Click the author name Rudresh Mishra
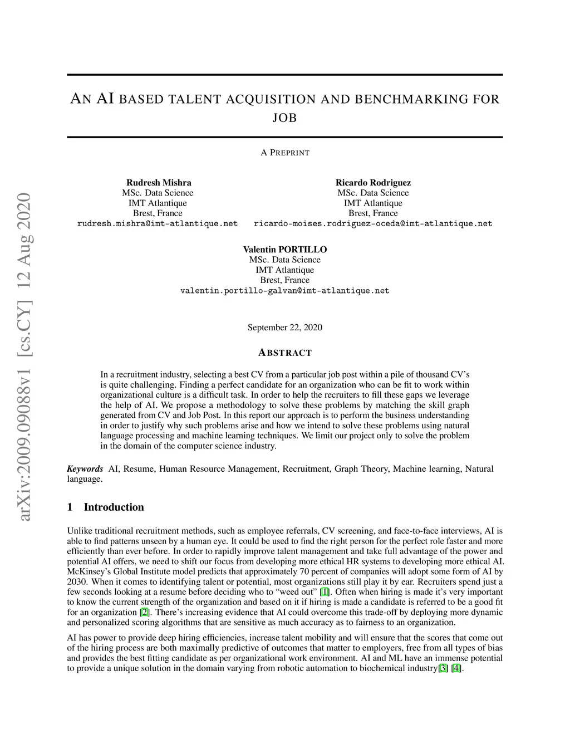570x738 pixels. [159, 183]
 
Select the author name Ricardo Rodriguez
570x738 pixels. [373, 183]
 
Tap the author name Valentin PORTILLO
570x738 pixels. [285, 250]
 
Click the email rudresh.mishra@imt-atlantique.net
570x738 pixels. [158, 224]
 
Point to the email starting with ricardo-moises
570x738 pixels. [373, 224]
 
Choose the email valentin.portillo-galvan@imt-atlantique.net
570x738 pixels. [285, 291]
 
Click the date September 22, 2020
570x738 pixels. [285, 328]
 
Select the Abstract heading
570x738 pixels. [285, 353]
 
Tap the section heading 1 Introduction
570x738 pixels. [105, 507]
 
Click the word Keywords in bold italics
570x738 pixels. [85, 469]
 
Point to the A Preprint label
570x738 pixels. [285, 153]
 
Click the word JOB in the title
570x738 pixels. [285, 118]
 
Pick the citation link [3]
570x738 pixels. [443, 668]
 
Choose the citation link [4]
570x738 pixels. [456, 668]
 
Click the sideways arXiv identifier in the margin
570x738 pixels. [24, 356]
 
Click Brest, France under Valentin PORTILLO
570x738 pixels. [285, 280]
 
